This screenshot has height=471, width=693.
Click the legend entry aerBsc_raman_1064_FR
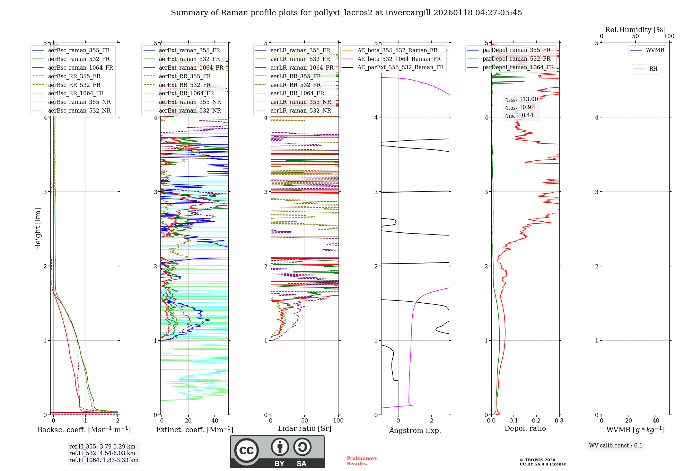[x=80, y=68]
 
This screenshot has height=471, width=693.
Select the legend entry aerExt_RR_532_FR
[x=185, y=85]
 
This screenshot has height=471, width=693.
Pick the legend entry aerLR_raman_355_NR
[x=300, y=102]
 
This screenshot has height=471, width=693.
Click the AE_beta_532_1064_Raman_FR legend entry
[x=399, y=59]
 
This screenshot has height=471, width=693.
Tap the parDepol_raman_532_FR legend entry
[x=516, y=59]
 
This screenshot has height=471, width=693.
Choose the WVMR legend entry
[x=655, y=50]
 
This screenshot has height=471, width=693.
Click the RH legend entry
[x=653, y=69]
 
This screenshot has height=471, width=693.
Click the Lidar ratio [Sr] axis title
[x=305, y=428]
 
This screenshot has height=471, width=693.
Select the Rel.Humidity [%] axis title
[x=635, y=30]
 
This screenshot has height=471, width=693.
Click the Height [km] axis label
[x=38, y=229]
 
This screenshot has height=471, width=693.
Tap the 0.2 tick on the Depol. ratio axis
[x=536, y=421]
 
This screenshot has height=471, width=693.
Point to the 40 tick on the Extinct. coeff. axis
[x=215, y=421]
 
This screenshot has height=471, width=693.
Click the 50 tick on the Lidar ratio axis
[x=305, y=421]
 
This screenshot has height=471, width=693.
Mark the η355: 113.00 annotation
[x=521, y=99]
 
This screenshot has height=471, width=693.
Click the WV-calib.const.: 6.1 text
[x=616, y=446]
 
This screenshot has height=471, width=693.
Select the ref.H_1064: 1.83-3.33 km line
[x=104, y=460]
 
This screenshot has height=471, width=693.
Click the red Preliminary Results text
[x=362, y=461]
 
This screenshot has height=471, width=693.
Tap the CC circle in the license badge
[x=246, y=450]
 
